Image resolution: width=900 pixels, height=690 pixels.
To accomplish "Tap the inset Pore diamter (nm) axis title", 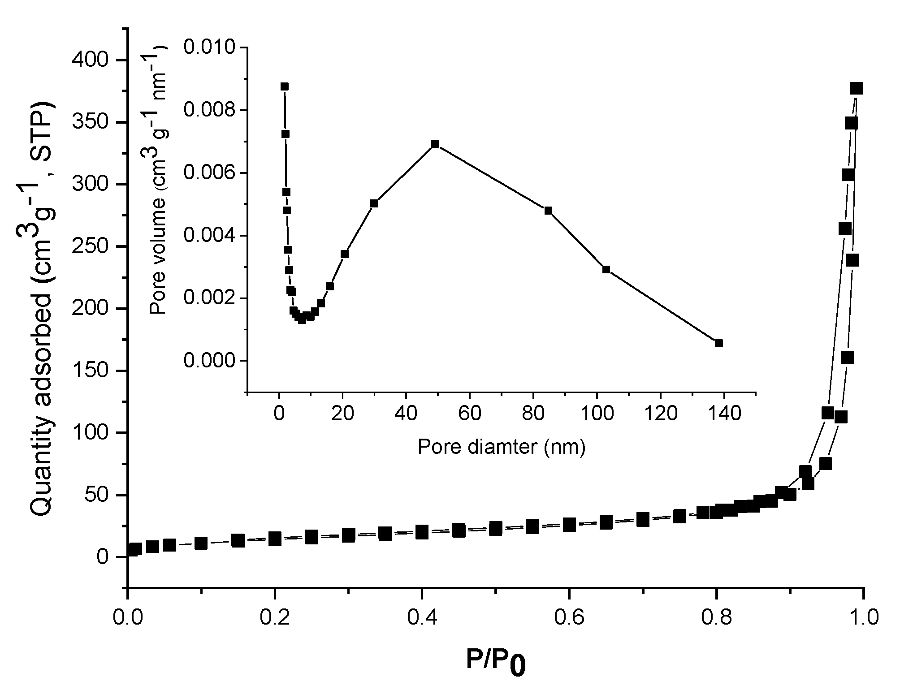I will (502, 447).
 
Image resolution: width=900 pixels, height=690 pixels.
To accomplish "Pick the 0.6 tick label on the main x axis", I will (569, 618).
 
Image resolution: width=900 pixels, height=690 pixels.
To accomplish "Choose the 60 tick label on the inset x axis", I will (469, 414).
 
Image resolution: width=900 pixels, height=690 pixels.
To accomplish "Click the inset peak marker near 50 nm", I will (435, 144).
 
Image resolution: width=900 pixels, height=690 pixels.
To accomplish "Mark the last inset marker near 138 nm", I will (719, 343).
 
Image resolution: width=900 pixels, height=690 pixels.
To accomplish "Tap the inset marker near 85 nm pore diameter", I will (548, 211).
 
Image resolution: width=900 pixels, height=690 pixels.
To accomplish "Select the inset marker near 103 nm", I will (606, 269).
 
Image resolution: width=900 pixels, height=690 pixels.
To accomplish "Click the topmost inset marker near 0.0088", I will (284, 86).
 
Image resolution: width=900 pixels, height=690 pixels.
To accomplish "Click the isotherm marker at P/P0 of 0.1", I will (201, 543).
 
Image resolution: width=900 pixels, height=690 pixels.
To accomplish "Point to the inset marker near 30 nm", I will (374, 203).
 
